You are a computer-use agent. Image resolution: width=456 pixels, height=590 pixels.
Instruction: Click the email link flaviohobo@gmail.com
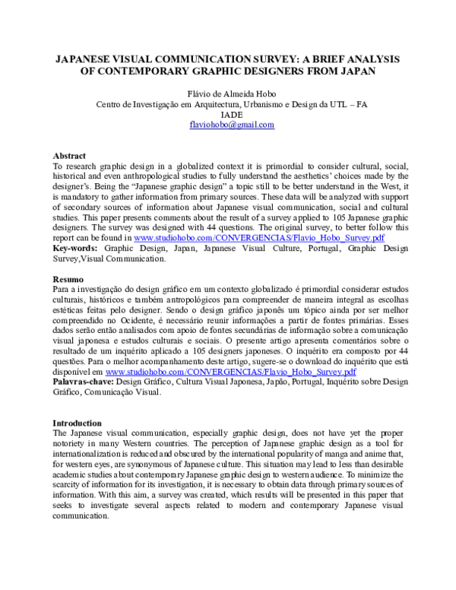pos(232,125)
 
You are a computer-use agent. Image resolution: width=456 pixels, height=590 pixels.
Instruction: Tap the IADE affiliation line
pos(231,115)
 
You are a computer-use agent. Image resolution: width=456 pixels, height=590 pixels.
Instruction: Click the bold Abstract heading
pos(69,156)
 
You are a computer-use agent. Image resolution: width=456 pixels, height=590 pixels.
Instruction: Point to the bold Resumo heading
pos(69,280)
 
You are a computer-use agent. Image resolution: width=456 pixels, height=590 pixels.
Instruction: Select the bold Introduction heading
pos(77,423)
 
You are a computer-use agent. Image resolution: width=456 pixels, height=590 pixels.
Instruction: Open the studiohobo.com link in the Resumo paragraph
pos(230,373)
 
